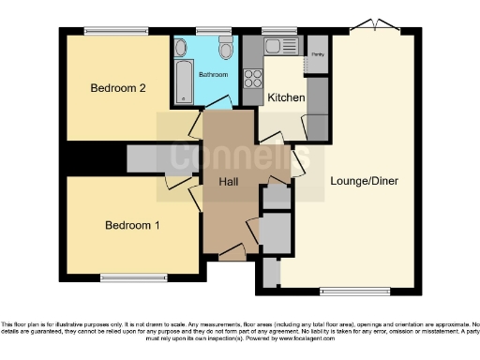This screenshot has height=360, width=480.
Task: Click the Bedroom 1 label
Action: point(131,225)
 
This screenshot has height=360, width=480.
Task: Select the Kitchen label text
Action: point(284,97)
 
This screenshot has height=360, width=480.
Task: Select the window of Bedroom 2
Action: point(116,32)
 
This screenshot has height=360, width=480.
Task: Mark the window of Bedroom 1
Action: point(128,276)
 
